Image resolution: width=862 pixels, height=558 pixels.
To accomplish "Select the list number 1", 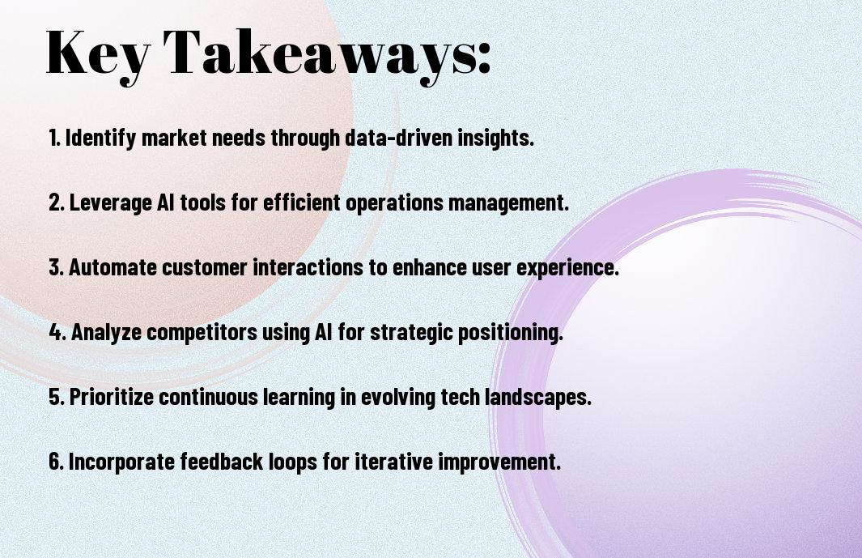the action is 54,138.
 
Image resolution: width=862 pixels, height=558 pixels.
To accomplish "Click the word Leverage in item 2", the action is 111,203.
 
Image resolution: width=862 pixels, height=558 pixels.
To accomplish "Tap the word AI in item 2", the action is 165,202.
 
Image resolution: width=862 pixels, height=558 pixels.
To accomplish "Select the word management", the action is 508,203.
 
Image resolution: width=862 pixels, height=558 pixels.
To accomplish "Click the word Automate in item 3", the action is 113,267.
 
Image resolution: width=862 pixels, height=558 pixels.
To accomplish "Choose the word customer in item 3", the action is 205,267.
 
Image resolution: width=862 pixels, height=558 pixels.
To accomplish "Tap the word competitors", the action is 202,333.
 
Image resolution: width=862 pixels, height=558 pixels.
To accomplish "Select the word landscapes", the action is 540,398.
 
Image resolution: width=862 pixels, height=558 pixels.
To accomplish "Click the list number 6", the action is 56,461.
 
